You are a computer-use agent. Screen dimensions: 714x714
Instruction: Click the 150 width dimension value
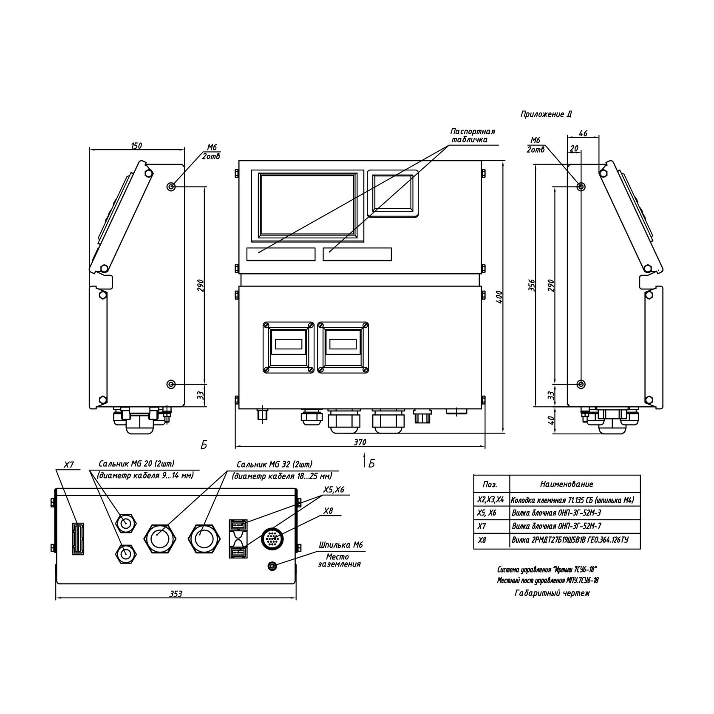pos(136,145)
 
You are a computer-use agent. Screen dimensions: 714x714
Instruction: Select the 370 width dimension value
pos(360,442)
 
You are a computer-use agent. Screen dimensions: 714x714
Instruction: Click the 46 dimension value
pos(583,133)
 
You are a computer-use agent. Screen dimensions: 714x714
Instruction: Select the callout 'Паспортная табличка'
pos(473,135)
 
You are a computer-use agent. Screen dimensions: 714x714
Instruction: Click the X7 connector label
pos(69,465)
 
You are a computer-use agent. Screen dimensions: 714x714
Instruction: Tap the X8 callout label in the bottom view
pos(328,511)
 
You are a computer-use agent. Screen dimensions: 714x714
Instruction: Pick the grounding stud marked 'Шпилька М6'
pos(272,566)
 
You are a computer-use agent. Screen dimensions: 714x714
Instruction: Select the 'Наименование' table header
pos(567,484)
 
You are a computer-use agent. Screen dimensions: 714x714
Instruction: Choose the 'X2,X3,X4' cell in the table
pos(490,500)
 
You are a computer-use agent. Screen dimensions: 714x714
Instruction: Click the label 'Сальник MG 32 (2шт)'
pos(274,465)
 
